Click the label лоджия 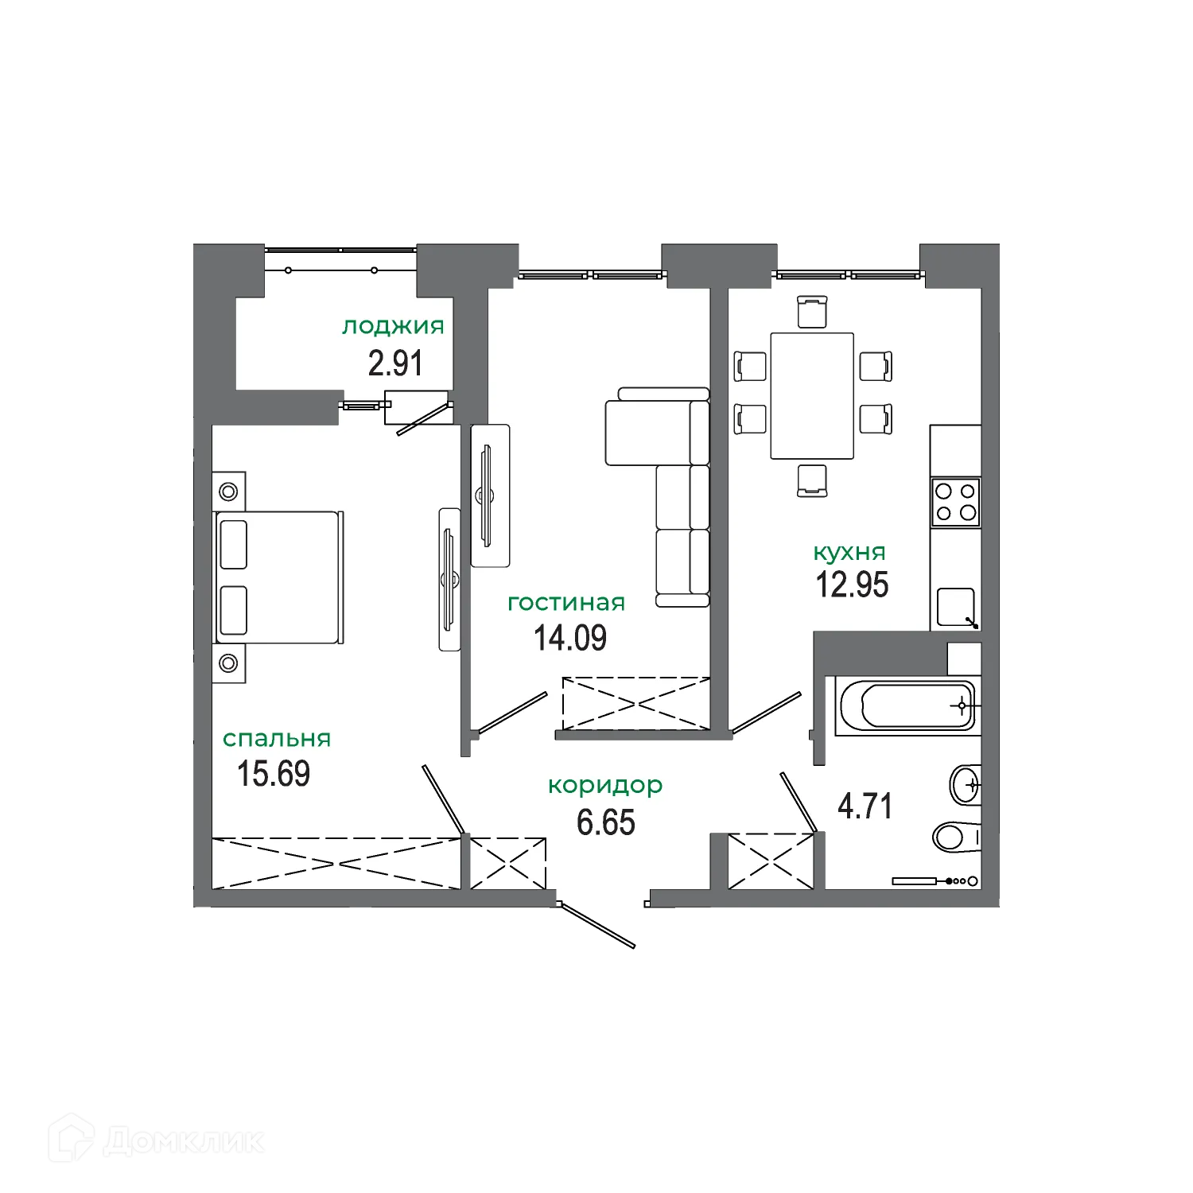point(393,327)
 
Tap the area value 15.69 point(274,774)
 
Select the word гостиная point(566,603)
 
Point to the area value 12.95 point(852,585)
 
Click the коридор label point(605,786)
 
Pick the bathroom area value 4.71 point(865,806)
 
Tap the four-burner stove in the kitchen point(956,502)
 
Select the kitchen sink point(956,608)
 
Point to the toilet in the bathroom point(954,836)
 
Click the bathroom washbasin point(966,786)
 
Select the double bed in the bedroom point(279,577)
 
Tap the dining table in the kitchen point(811,395)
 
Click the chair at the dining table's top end point(811,311)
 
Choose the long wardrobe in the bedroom point(336,862)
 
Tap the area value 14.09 point(570,638)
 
